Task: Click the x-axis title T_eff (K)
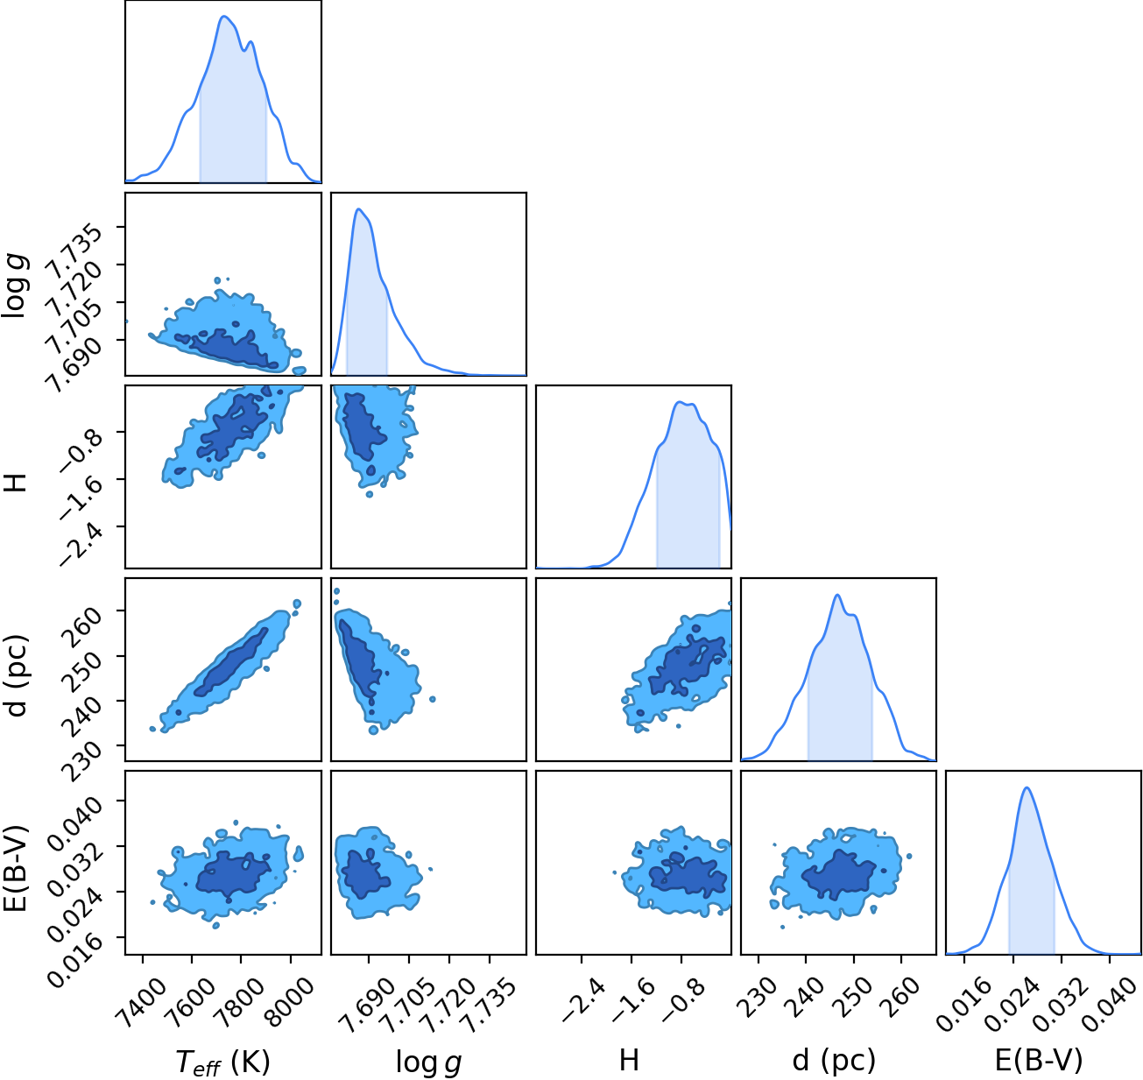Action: click(x=222, y=1061)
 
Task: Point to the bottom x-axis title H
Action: click(x=629, y=1060)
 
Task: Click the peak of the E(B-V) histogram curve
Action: click(x=1027, y=787)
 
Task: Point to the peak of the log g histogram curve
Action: click(x=358, y=208)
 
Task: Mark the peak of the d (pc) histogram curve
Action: click(x=837, y=595)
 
